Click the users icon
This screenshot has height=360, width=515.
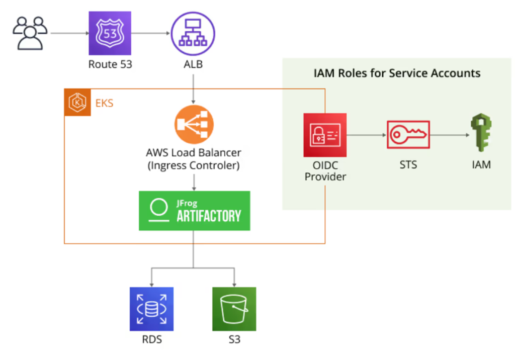click(x=30, y=33)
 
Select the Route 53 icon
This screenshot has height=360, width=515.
click(x=110, y=33)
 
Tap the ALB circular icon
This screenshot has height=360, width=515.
click(x=194, y=33)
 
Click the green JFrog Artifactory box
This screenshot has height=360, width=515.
click(x=194, y=211)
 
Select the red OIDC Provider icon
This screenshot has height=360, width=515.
click(x=325, y=135)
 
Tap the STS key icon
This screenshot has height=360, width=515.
click(x=408, y=134)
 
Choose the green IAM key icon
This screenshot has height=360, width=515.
click(x=481, y=133)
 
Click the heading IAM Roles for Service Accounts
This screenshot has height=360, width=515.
click(x=397, y=73)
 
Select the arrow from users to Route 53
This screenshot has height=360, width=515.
click(x=68, y=34)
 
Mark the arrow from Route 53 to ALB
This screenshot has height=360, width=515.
click(x=151, y=34)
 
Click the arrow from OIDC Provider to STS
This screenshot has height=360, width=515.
click(x=366, y=135)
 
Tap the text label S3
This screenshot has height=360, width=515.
click(x=234, y=340)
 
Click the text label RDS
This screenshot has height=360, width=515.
click(x=151, y=340)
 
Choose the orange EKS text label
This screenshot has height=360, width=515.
click(x=104, y=104)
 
